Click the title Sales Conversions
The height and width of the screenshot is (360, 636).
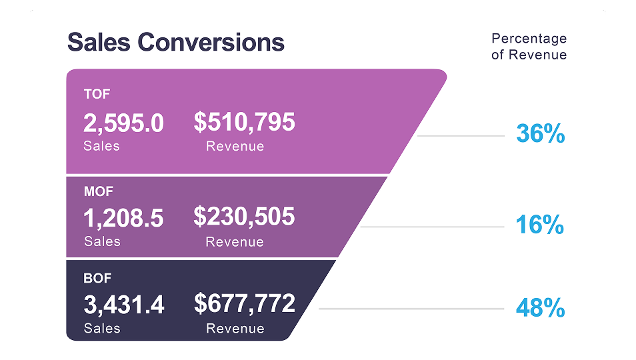click(x=176, y=43)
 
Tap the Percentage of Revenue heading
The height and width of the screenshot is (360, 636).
click(x=529, y=47)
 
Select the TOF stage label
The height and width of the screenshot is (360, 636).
click(x=97, y=94)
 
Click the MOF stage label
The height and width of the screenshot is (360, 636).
click(x=99, y=191)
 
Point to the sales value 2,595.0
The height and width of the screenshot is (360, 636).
click(x=123, y=123)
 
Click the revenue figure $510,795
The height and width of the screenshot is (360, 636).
click(x=244, y=122)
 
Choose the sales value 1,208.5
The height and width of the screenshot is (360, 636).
click(x=123, y=218)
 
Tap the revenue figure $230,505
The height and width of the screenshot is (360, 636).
click(x=244, y=217)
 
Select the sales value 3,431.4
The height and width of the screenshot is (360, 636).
click(x=123, y=305)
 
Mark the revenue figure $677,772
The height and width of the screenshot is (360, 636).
click(x=244, y=304)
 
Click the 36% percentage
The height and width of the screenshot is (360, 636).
click(x=540, y=135)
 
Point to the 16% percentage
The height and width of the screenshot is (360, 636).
click(x=540, y=225)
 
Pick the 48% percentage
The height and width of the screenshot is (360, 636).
click(x=540, y=309)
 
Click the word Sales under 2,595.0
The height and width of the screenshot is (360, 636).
click(x=101, y=145)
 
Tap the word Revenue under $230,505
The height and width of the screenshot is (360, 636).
click(x=235, y=241)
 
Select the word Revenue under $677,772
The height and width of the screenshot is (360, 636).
click(x=235, y=328)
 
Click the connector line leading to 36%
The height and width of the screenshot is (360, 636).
click(x=460, y=136)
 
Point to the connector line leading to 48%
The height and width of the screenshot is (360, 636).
click(x=411, y=309)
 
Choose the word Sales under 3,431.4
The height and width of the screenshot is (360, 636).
click(x=101, y=328)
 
